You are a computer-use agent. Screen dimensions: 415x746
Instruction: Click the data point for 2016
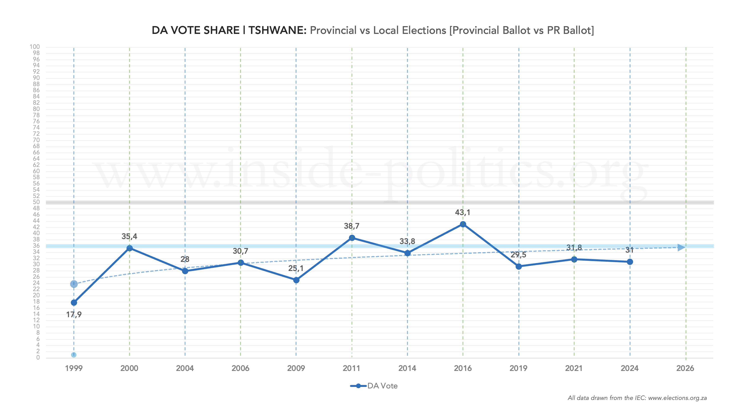point(463,224)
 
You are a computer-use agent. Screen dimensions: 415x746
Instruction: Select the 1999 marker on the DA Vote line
point(74,303)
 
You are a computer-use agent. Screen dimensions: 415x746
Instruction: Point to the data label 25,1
point(296,268)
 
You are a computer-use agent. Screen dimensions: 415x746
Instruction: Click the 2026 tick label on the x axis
point(685,368)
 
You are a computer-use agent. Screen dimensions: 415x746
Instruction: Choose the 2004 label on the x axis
point(185,368)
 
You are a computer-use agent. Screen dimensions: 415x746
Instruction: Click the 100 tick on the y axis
point(35,47)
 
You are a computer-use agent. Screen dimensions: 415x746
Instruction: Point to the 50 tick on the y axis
point(36,202)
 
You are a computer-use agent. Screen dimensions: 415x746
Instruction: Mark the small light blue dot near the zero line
point(74,355)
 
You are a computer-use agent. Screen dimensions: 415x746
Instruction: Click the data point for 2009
point(296,280)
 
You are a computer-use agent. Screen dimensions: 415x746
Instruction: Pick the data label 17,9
point(74,315)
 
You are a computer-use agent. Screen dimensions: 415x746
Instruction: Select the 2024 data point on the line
point(630,262)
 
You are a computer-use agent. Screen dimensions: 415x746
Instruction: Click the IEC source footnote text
point(637,398)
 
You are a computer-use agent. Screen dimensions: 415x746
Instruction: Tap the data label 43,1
point(463,212)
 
